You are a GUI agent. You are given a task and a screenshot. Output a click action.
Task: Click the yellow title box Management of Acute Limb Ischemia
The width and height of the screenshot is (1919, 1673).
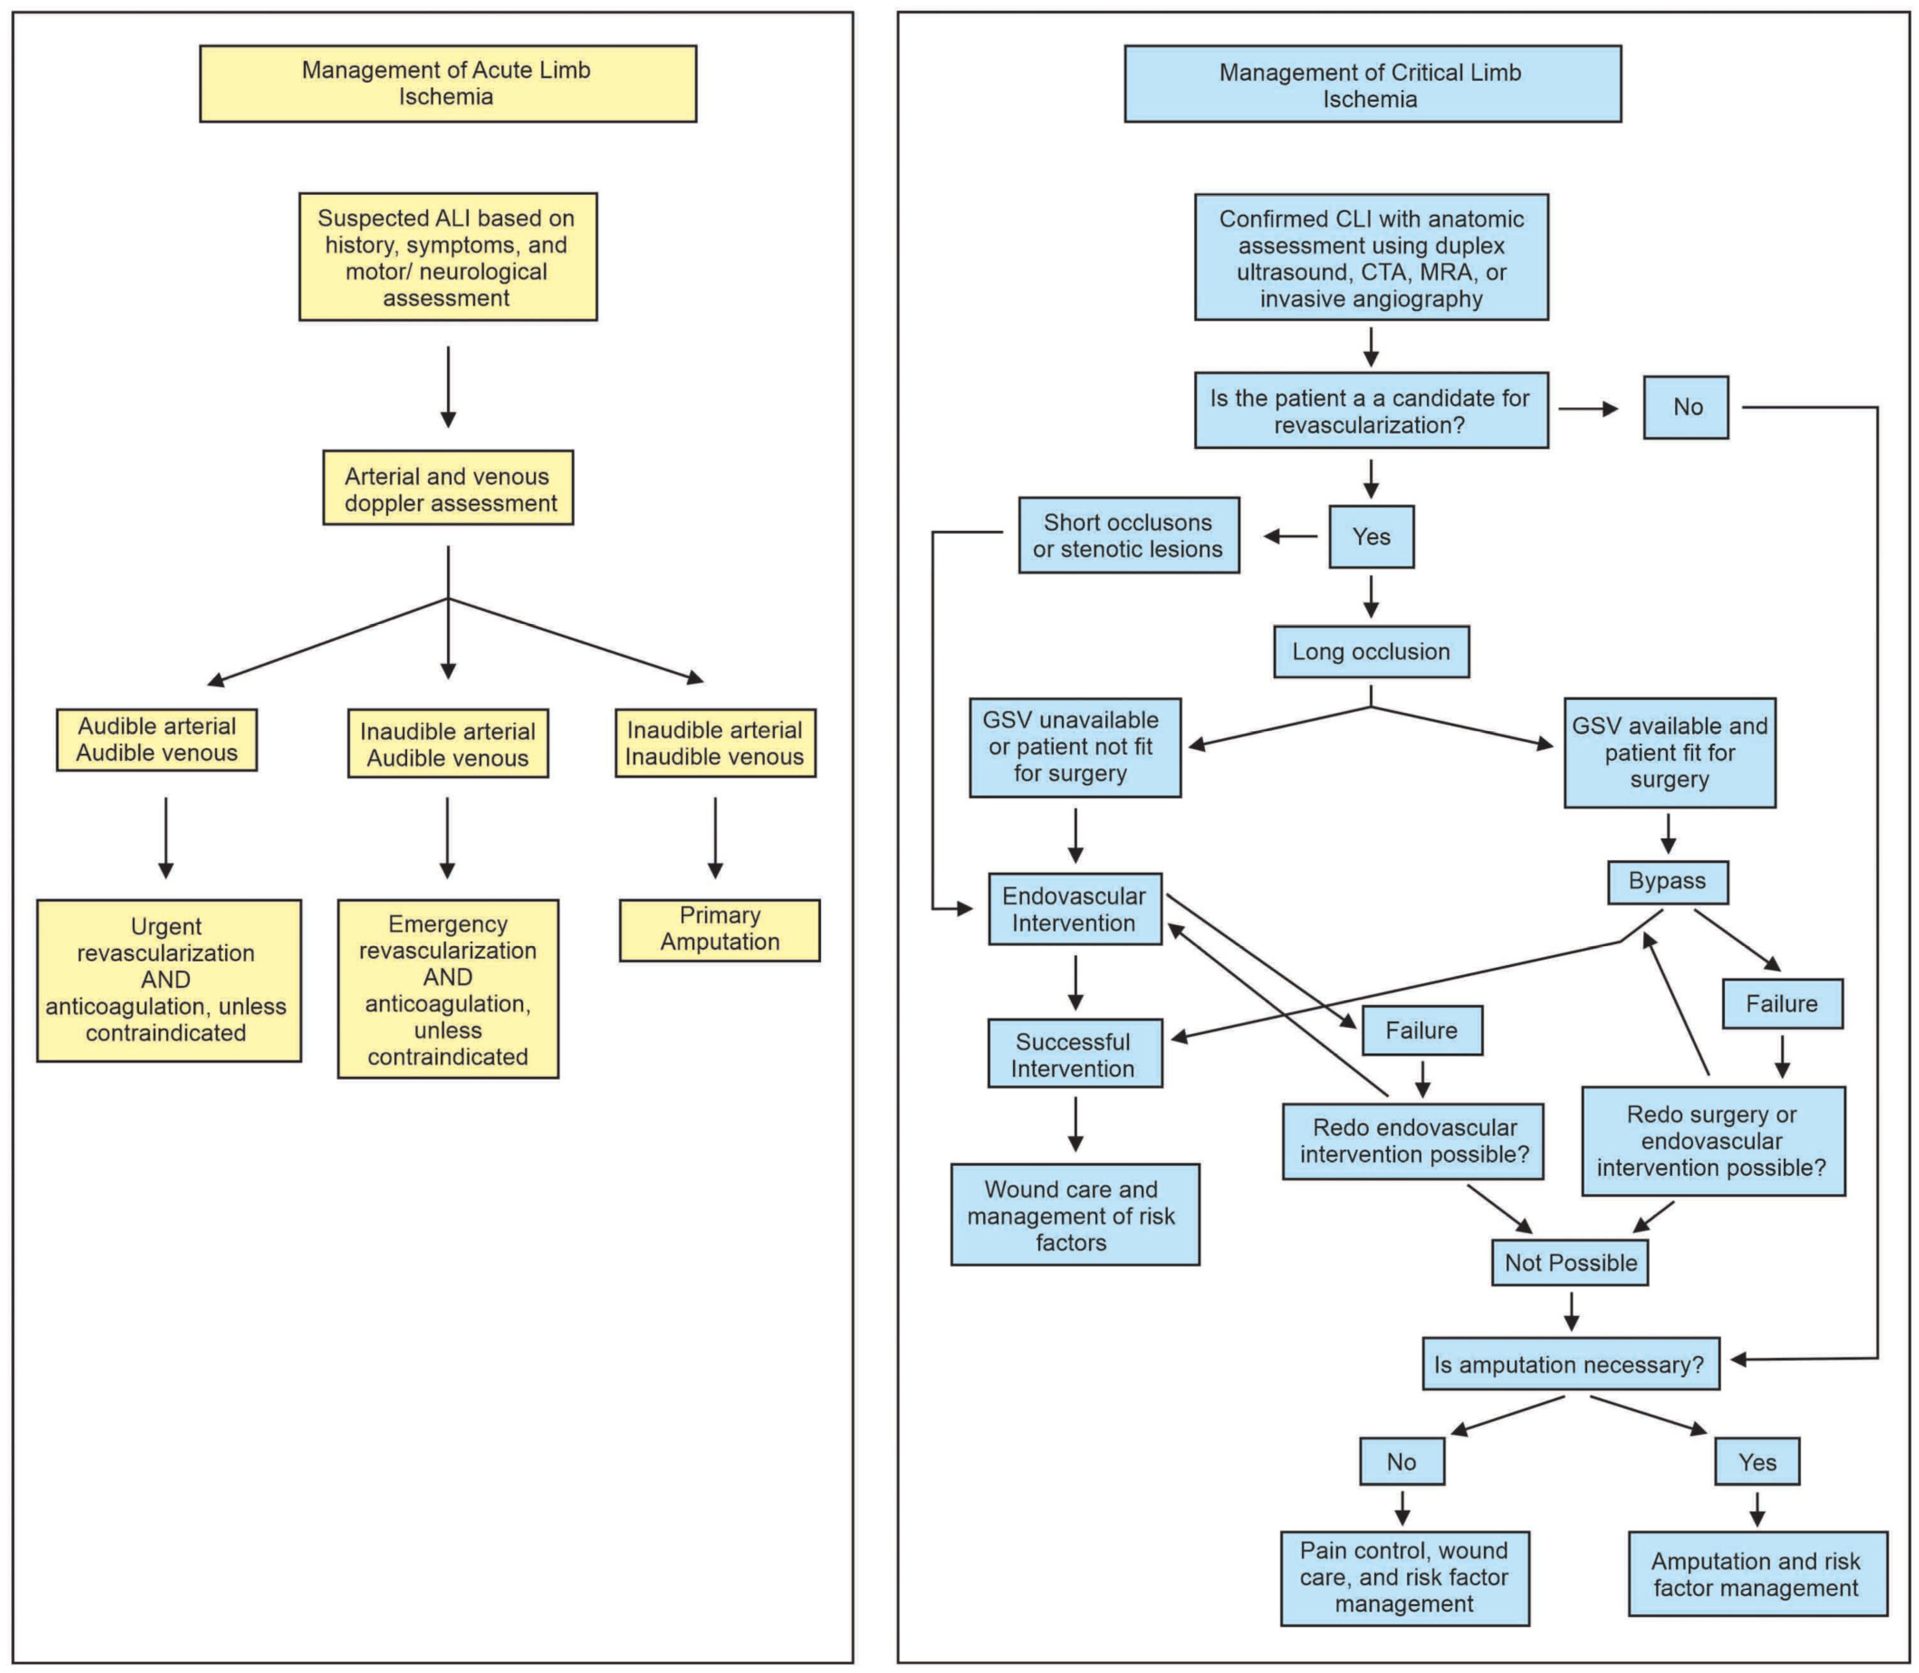coord(447,83)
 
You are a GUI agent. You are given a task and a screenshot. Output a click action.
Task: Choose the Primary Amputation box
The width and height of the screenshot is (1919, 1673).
coord(719,930)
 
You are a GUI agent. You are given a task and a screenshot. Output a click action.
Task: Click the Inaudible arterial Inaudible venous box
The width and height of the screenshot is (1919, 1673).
coord(715,743)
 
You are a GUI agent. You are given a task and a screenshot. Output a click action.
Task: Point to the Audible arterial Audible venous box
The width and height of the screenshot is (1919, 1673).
coord(157,740)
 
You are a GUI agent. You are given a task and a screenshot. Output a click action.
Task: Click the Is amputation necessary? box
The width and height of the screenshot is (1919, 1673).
coord(1570,1364)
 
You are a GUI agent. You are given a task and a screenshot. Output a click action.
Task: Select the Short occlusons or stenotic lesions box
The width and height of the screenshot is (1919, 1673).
coord(1128,536)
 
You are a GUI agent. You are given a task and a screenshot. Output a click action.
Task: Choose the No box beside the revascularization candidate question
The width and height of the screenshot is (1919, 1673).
coord(1685,407)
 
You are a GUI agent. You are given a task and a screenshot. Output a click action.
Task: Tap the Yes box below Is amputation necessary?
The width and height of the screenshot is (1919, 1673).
coord(1756,1462)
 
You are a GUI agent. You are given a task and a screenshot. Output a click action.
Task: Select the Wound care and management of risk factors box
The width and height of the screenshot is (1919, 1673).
coord(1075,1214)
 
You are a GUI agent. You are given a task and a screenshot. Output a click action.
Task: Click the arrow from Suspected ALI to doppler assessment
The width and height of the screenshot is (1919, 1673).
coord(448,386)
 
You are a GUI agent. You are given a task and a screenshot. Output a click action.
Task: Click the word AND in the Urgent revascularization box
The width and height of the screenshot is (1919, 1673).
coord(165,980)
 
